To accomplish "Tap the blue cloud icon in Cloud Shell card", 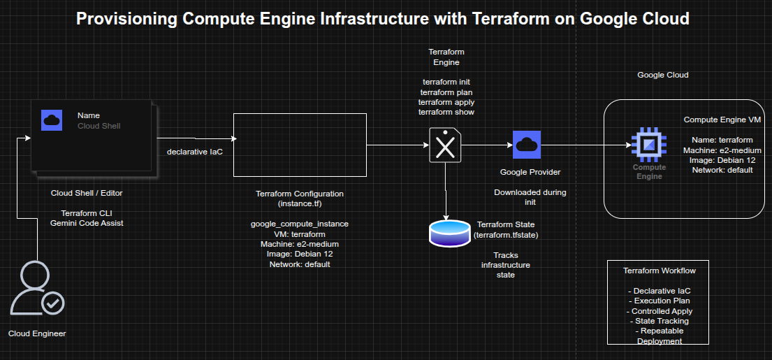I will tap(52, 120).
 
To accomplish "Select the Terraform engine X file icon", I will tap(445, 145).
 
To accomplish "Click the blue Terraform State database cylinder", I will tap(450, 233).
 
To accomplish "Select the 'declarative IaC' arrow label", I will tap(194, 152).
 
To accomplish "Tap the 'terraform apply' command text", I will tap(446, 102).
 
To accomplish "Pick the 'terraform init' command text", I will tap(446, 82).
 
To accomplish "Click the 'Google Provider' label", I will tap(530, 172).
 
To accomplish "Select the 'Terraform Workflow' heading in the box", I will tap(659, 271).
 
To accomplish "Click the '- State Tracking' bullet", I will tap(659, 321).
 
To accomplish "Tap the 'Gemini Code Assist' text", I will tap(87, 222).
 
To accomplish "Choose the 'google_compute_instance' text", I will tap(300, 224).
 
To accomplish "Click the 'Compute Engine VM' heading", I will tap(722, 120).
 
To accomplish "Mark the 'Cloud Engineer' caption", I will tap(37, 333).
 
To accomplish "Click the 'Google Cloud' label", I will tap(663, 75).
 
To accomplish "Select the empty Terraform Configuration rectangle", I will tap(299, 145).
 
